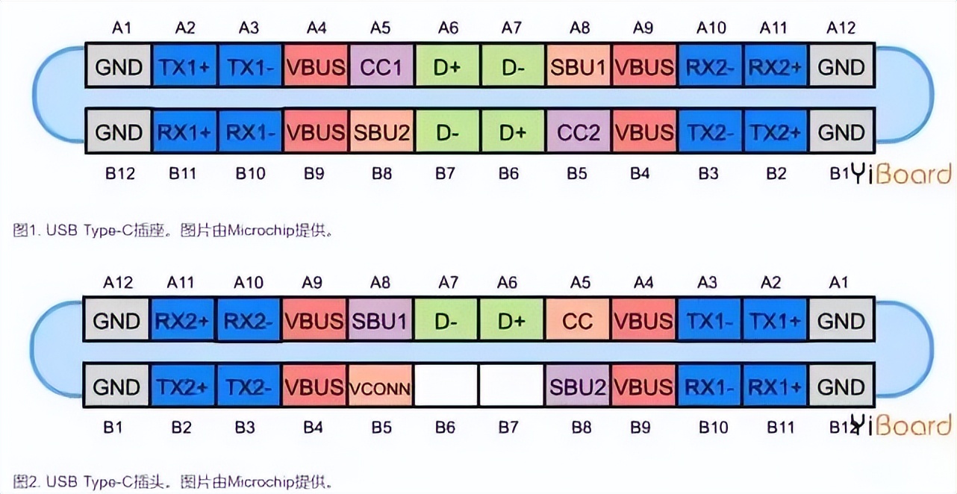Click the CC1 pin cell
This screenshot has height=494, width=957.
(x=381, y=67)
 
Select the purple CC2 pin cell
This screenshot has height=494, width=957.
(x=579, y=133)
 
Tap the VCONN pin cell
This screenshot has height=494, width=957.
(x=381, y=387)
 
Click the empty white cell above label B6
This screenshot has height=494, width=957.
(x=446, y=387)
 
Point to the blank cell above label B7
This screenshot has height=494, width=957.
(x=511, y=387)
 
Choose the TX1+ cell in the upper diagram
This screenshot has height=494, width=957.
(x=184, y=67)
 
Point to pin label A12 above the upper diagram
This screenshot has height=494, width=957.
(x=841, y=28)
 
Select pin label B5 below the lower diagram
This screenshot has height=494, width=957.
(x=381, y=428)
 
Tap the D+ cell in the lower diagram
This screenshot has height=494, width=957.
(x=511, y=322)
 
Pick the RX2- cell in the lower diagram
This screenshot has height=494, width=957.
(x=250, y=322)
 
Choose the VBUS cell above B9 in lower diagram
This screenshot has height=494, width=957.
(x=643, y=387)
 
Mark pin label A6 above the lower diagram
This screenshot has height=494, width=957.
(x=511, y=283)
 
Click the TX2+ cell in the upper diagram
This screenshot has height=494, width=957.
(x=776, y=133)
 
